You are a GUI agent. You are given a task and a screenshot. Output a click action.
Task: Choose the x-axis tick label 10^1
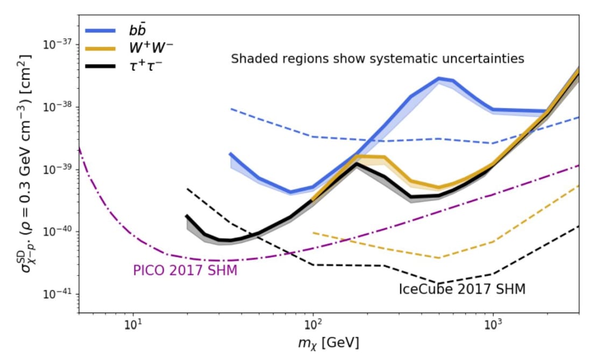(x=133, y=324)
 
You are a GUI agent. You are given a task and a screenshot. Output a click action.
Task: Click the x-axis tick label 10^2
(x=313, y=324)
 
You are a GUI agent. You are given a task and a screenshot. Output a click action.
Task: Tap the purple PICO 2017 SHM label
(x=184, y=270)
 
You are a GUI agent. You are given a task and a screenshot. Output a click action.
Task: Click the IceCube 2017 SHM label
(x=462, y=289)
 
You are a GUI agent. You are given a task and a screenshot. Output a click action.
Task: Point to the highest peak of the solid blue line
(x=440, y=79)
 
